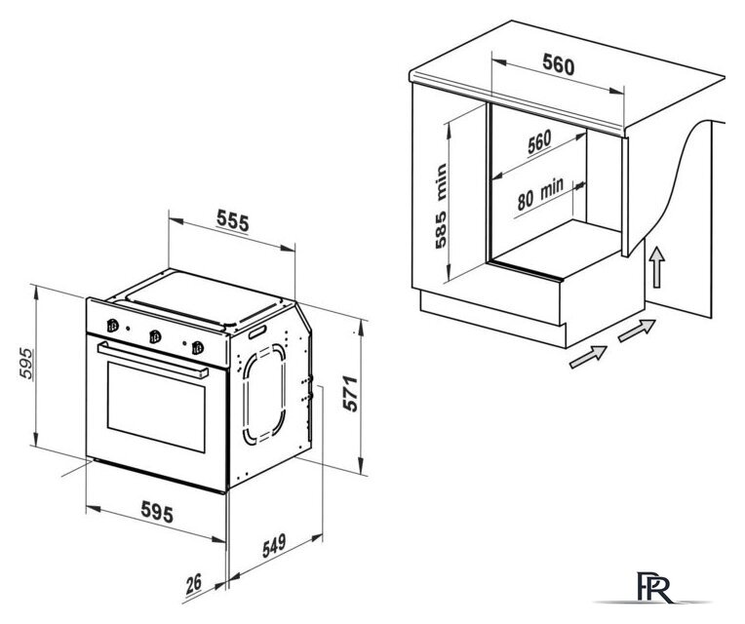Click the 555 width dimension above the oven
(x=233, y=220)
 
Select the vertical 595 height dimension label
(x=27, y=364)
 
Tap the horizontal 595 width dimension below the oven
(x=157, y=512)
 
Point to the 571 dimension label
(x=350, y=393)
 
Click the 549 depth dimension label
(x=275, y=546)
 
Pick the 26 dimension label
(x=193, y=584)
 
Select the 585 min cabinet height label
(x=442, y=206)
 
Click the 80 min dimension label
(x=540, y=194)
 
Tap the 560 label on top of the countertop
(x=559, y=64)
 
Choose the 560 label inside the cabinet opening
(x=539, y=141)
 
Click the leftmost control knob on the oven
(x=112, y=326)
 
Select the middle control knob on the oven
(x=155, y=336)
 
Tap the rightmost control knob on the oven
(x=198, y=348)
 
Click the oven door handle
(x=153, y=360)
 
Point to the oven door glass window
(x=156, y=407)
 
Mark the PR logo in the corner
(x=654, y=588)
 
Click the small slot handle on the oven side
(x=257, y=331)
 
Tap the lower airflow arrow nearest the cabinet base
(x=588, y=357)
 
